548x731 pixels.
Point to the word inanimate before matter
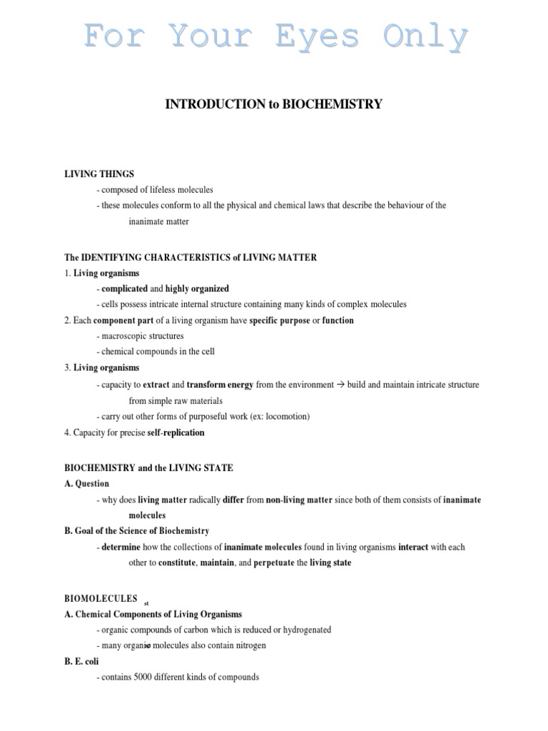[147, 221]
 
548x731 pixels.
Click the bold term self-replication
[176, 433]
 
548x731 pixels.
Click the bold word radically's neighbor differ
[233, 500]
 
